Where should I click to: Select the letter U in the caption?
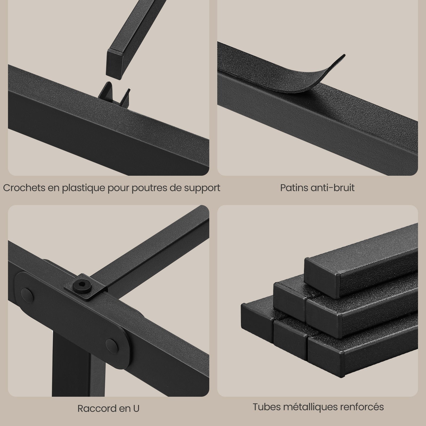136,408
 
